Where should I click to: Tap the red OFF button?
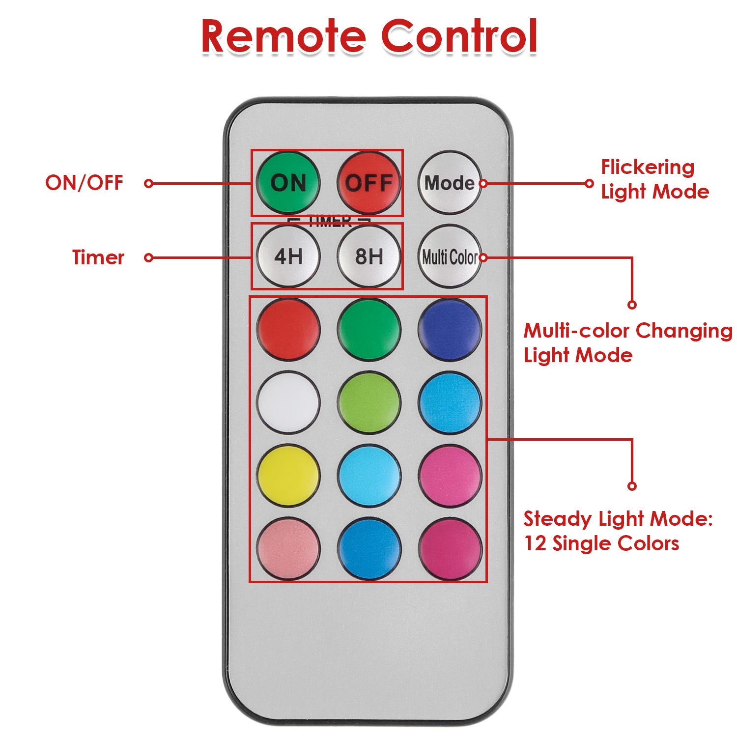pyautogui.click(x=369, y=183)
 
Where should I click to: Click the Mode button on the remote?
pyautogui.click(x=450, y=183)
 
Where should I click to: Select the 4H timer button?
pyautogui.click(x=288, y=256)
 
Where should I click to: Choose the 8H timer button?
pyautogui.click(x=369, y=256)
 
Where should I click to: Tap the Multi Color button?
pyautogui.click(x=450, y=256)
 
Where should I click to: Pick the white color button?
pyautogui.click(x=288, y=402)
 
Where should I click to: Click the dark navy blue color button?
pyautogui.click(x=450, y=329)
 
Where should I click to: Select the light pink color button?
pyautogui.click(x=288, y=548)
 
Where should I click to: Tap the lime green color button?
pyautogui.click(x=369, y=402)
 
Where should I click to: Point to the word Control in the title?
pyautogui.click(x=459, y=37)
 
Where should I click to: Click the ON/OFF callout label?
pyautogui.click(x=84, y=183)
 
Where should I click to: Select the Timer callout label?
pyautogui.click(x=98, y=257)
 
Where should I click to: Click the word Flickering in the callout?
pyautogui.click(x=648, y=168)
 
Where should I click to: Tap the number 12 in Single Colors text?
pyautogui.click(x=534, y=544)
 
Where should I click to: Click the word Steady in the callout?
pyautogui.click(x=550, y=519)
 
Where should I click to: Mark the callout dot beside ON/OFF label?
pyautogui.click(x=149, y=183)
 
